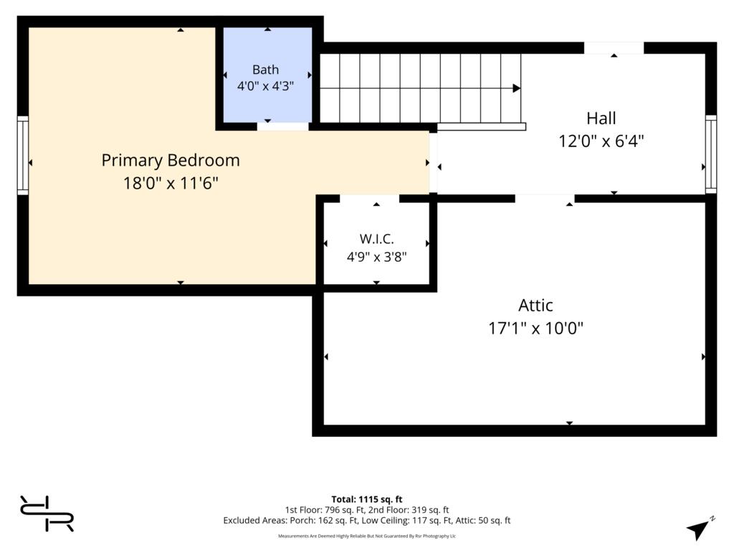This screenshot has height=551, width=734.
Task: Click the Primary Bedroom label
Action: pyautogui.click(x=171, y=160)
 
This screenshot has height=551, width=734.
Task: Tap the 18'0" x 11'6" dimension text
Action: pyautogui.click(x=171, y=183)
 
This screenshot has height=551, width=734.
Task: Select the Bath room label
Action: pyautogui.click(x=265, y=70)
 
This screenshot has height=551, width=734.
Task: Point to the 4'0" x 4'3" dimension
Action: pyautogui.click(x=265, y=86)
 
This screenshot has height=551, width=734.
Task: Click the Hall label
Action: pyautogui.click(x=601, y=118)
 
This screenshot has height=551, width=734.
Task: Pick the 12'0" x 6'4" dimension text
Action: pyautogui.click(x=601, y=141)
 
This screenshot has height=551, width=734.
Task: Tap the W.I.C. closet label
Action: pyautogui.click(x=376, y=239)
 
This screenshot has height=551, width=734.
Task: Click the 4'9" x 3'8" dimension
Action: pyautogui.click(x=376, y=257)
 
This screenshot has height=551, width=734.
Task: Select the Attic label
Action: pyautogui.click(x=535, y=306)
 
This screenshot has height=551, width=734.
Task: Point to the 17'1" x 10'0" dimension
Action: pyautogui.click(x=535, y=328)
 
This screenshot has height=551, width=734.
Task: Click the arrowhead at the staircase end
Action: pyautogui.click(x=517, y=88)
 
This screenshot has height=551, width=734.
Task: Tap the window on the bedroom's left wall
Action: pyautogui.click(x=23, y=155)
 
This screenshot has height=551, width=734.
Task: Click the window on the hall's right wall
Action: pyautogui.click(x=711, y=154)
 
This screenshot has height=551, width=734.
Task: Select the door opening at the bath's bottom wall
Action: pyautogui.click(x=282, y=126)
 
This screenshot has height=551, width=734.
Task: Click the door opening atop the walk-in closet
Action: pyautogui.click(x=369, y=199)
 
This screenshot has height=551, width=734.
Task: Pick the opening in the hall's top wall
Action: pyautogui.click(x=614, y=48)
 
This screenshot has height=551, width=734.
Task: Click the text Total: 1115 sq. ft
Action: pyautogui.click(x=367, y=499)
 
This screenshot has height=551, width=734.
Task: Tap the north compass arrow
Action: pyautogui.click(x=699, y=529)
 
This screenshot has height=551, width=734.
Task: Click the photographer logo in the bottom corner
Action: pyautogui.click(x=47, y=514)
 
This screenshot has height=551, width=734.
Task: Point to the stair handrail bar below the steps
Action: pyautogui.click(x=481, y=126)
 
